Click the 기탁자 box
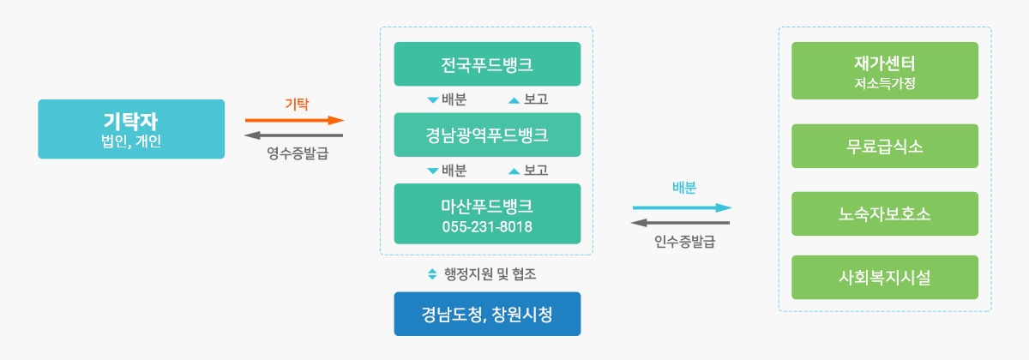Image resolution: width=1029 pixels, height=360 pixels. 131,129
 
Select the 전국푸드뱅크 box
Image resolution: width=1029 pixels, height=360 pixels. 487,63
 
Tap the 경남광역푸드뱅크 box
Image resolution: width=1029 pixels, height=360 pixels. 487,135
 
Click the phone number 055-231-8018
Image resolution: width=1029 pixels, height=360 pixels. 487,227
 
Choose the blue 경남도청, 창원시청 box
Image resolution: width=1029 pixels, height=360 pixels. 487,314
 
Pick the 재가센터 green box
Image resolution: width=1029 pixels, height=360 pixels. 885,70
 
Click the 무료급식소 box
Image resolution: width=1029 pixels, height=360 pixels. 885,146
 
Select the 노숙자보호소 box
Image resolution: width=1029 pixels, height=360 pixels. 885,213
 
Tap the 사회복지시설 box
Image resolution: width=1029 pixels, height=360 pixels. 885,278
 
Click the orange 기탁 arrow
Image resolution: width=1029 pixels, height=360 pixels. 294,120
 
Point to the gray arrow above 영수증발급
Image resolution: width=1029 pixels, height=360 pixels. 293,135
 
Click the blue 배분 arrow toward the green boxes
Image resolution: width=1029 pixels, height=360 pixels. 683,208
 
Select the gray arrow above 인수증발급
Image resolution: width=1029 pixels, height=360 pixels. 680,223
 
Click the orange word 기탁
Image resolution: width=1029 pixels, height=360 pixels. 297,105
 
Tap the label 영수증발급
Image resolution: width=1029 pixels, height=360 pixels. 298,153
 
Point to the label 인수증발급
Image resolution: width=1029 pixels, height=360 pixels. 685,241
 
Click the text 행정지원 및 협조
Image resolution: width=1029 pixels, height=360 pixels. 490,274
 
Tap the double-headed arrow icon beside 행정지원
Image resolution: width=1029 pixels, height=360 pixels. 432,274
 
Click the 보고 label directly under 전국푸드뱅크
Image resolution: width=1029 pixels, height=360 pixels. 536,99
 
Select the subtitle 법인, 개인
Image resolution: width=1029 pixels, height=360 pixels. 131,141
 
